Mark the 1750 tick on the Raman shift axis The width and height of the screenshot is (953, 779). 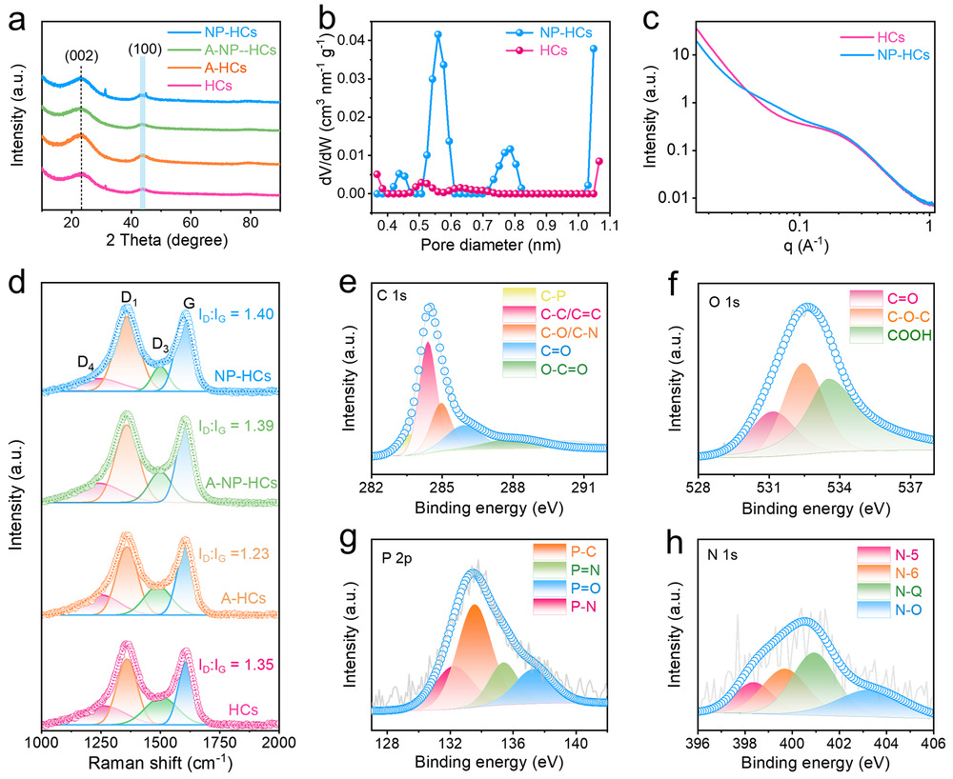(x=220, y=741)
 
